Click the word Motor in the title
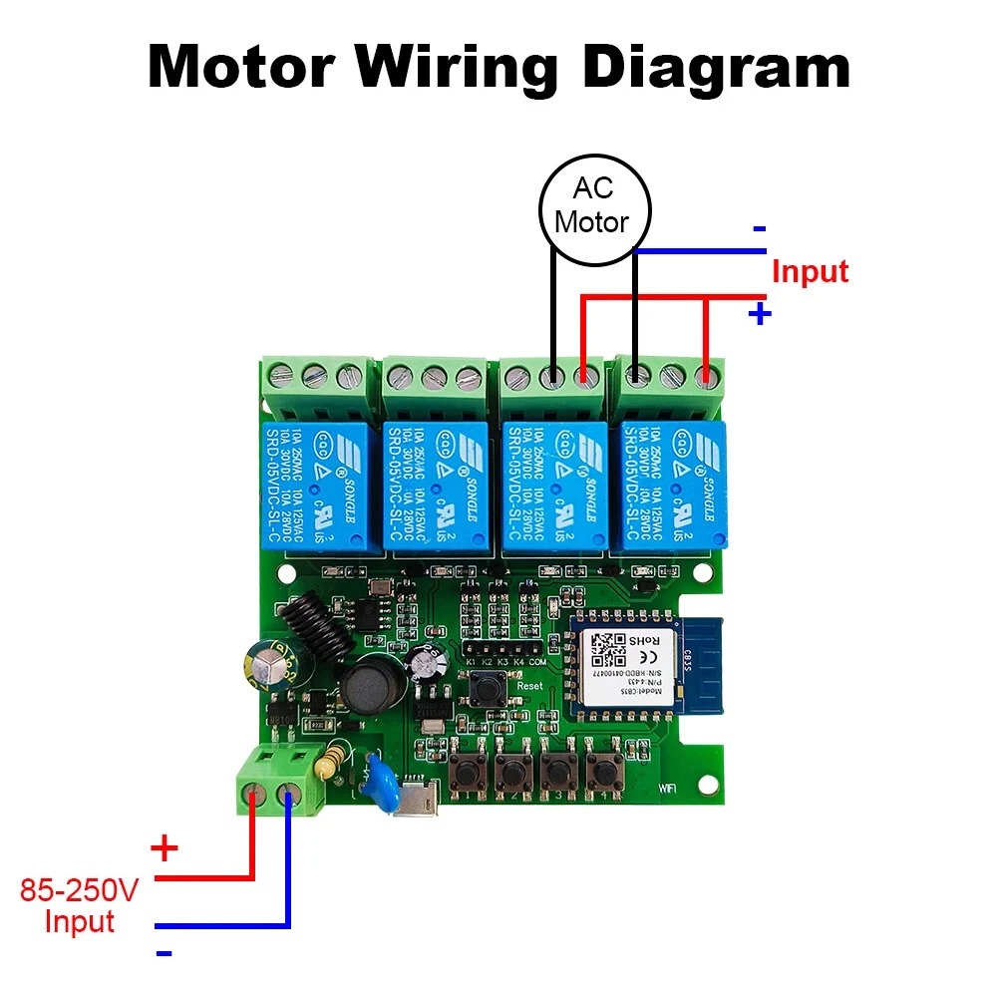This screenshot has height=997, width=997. tap(240, 67)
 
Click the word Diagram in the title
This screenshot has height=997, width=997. tap(716, 67)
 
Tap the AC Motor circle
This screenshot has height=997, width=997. tap(594, 207)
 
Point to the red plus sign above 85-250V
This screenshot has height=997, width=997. tap(164, 850)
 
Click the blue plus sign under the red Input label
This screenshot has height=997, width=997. tap(760, 314)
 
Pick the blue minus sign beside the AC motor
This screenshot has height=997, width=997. tap(760, 228)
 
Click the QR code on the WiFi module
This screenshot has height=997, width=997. tap(604, 649)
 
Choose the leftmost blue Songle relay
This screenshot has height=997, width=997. tap(319, 484)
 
